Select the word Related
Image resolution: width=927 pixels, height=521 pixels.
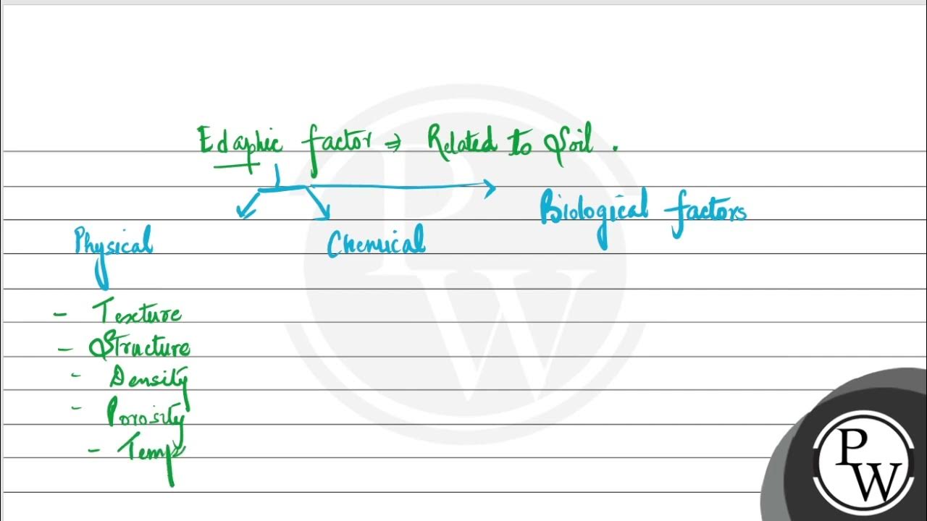(461, 143)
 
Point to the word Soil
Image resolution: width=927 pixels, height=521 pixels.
(569, 142)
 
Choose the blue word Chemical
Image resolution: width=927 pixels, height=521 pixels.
(375, 243)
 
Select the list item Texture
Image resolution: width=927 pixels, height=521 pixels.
(137, 313)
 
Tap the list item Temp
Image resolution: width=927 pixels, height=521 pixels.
(151, 450)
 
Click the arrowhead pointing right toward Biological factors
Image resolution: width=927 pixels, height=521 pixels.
(490, 189)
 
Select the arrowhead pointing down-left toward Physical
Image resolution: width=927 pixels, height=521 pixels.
(244, 211)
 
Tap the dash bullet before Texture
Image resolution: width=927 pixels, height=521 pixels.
(61, 315)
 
